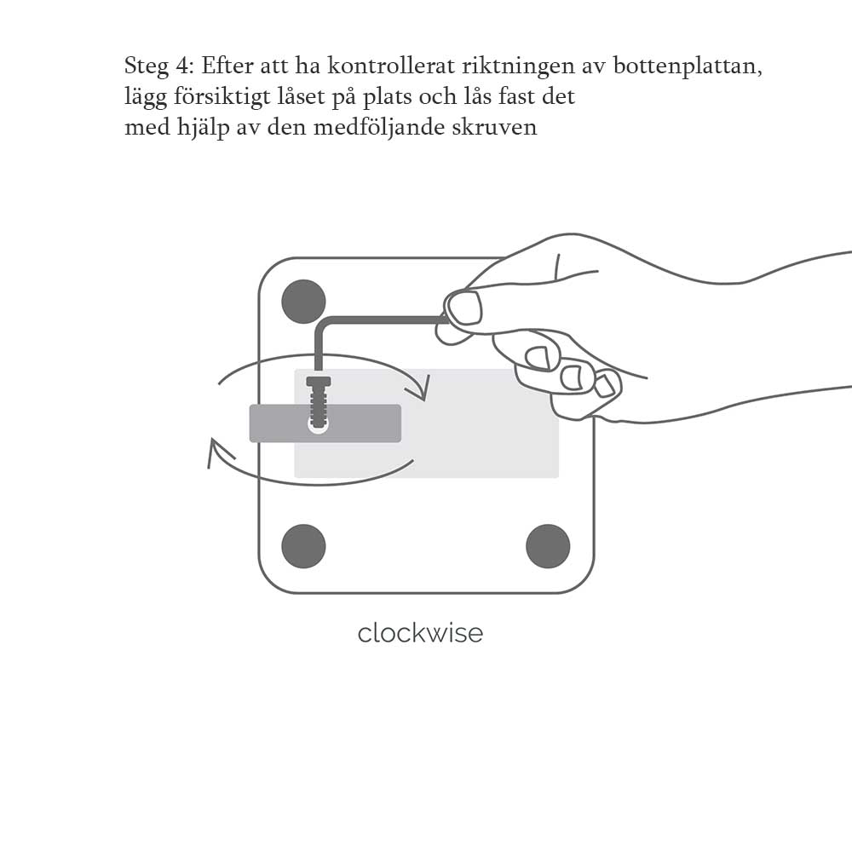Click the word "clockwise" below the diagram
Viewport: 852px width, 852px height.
click(x=420, y=633)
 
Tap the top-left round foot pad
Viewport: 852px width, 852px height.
click(x=304, y=302)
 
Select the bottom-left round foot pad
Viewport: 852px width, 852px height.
click(x=304, y=546)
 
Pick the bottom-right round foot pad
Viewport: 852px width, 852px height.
click(x=548, y=546)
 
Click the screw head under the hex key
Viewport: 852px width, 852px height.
click(x=319, y=381)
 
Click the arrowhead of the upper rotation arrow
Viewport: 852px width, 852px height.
click(x=423, y=388)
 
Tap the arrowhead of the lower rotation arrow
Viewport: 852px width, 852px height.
click(x=217, y=453)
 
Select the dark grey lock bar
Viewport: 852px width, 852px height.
click(x=325, y=423)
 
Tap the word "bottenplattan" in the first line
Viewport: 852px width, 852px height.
click(x=688, y=66)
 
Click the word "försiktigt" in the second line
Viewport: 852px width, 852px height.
click(x=222, y=97)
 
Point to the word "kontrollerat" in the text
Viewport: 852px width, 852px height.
click(x=391, y=66)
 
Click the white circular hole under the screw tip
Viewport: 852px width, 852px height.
click(x=319, y=425)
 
